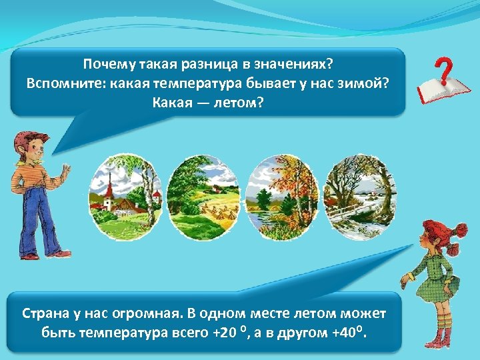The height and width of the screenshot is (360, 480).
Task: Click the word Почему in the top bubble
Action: (x=109, y=65)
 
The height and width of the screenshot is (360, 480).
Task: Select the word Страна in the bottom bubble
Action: (x=44, y=313)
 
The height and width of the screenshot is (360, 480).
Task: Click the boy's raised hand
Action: (x=65, y=171)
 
